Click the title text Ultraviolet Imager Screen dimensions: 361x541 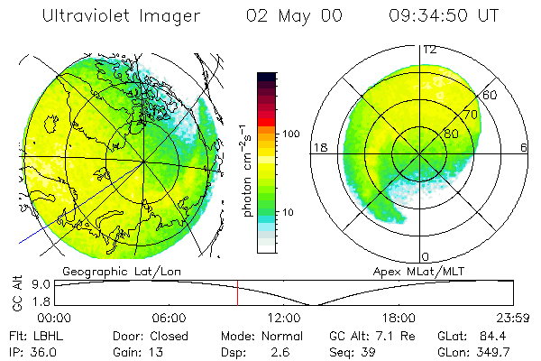(121, 17)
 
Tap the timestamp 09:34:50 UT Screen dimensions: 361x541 (445, 17)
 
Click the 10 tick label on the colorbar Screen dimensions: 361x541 (289, 212)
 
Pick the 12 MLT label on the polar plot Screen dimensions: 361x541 (430, 50)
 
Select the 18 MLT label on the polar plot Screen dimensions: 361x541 (318, 147)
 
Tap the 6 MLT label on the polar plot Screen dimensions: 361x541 (524, 147)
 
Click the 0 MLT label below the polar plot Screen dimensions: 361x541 (426, 257)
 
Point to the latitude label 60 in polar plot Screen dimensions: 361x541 (491, 95)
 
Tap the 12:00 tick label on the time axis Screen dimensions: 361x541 (284, 318)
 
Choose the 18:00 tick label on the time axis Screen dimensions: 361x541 (399, 318)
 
